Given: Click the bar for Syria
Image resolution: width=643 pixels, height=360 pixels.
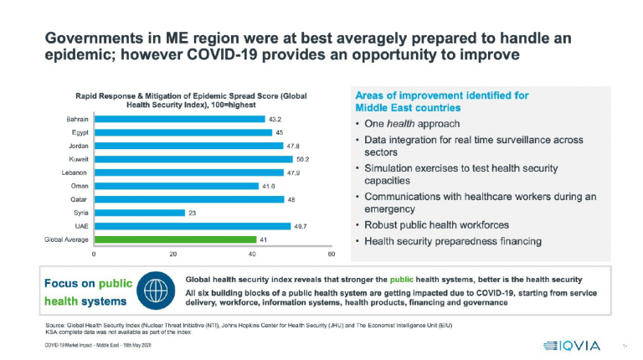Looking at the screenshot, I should [x=139, y=213].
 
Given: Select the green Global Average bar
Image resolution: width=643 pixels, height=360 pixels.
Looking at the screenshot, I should [x=175, y=239].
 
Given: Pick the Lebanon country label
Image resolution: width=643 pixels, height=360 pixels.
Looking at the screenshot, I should [x=75, y=172].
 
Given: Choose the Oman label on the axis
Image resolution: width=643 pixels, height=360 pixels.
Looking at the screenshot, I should [x=80, y=186].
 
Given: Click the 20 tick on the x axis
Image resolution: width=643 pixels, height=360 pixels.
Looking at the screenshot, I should [x=173, y=254].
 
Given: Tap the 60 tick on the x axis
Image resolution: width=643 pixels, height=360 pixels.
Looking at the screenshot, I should [x=332, y=254].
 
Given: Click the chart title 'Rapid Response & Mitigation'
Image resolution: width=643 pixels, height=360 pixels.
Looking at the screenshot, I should [x=191, y=96].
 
